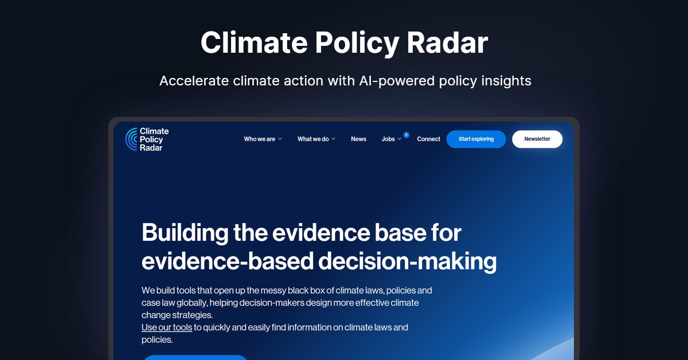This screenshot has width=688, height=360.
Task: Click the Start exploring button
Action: pyautogui.click(x=476, y=139)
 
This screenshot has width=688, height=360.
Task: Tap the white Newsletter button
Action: pyautogui.click(x=537, y=139)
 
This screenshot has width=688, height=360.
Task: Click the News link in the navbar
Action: pyautogui.click(x=358, y=139)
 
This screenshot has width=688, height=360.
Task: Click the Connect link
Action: pyautogui.click(x=428, y=139)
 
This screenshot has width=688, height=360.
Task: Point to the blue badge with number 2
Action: pyautogui.click(x=406, y=135)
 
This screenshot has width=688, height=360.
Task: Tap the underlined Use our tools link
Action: pyautogui.click(x=167, y=327)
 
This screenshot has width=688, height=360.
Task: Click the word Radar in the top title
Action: pyautogui.click(x=447, y=42)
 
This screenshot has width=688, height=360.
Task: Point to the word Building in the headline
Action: pyautogui.click(x=185, y=233)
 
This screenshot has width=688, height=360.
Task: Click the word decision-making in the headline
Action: pyautogui.click(x=407, y=261)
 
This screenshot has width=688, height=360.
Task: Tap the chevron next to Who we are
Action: pyautogui.click(x=280, y=139)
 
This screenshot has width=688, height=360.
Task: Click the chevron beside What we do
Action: pyautogui.click(x=333, y=139)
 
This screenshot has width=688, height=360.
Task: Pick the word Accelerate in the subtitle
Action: pyautogui.click(x=194, y=81)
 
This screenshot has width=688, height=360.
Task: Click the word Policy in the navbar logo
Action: pyautogui.click(x=151, y=140)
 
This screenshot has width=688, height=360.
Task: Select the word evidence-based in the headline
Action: pyautogui.click(x=228, y=261)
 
